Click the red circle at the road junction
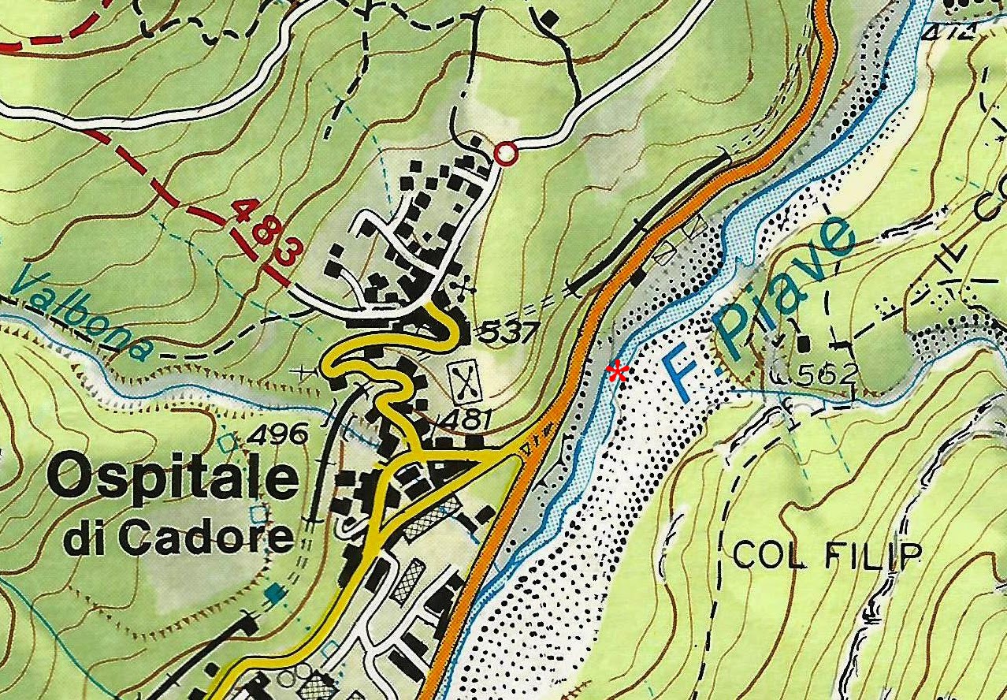tap(506, 154)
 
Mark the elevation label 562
tap(825, 374)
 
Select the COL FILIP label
tap(826, 556)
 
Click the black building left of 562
tap(804, 344)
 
